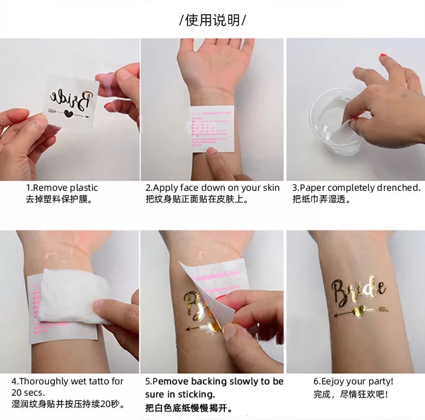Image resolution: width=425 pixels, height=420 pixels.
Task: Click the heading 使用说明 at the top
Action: [212, 21]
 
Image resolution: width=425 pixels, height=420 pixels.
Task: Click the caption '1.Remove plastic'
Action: [62, 188]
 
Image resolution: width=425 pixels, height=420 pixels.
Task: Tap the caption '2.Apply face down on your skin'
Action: [212, 188]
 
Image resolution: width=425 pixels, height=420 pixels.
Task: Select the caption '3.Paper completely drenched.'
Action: [356, 188]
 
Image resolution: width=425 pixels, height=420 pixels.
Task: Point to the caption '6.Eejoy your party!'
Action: [353, 382]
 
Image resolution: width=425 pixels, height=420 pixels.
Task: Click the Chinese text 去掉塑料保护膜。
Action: [59, 199]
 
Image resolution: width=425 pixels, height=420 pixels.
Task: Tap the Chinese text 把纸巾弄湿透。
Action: [322, 199]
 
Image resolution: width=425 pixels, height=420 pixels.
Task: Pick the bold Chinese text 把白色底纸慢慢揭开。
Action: [189, 408]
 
